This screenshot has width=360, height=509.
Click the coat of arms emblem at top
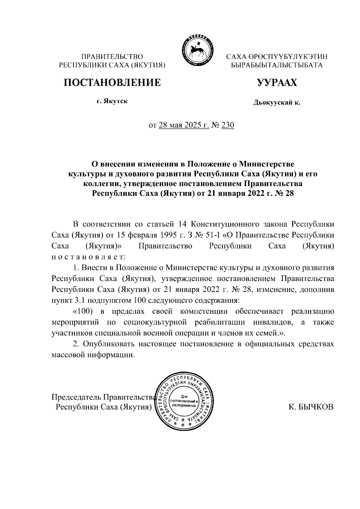[196, 50]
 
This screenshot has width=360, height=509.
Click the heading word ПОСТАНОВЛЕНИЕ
[112, 82]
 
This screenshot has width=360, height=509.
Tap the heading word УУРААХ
[276, 82]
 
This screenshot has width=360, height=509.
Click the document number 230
[227, 125]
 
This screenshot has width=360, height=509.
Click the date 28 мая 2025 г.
[184, 125]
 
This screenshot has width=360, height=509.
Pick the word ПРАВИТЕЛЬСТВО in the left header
[112, 56]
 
